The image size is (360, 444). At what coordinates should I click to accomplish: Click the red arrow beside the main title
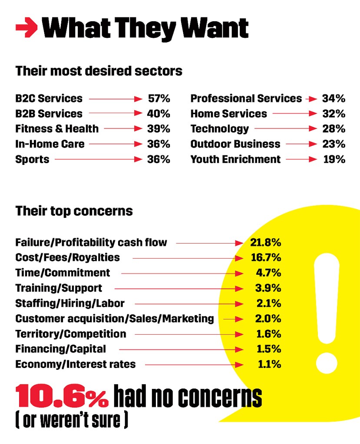(27, 29)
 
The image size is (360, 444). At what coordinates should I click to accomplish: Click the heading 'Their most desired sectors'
(99, 71)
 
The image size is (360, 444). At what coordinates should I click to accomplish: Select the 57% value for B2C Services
(159, 99)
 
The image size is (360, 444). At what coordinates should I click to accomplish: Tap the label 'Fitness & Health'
(57, 129)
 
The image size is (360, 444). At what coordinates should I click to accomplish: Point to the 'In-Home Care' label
(50, 144)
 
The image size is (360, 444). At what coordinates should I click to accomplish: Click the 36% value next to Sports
(159, 159)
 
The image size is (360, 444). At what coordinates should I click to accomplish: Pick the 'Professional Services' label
(246, 99)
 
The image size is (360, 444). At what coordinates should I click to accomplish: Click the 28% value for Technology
(334, 129)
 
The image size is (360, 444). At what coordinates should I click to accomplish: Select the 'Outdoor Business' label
(235, 144)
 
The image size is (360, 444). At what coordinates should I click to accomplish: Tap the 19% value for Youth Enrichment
(334, 159)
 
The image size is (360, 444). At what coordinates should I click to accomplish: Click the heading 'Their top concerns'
(74, 211)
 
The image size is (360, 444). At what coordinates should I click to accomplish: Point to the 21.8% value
(265, 242)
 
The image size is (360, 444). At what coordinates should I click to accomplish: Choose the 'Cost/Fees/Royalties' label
(67, 257)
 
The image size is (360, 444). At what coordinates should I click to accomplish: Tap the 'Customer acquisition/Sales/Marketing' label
(115, 319)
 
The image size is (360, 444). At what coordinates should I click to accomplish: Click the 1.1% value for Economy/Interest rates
(269, 365)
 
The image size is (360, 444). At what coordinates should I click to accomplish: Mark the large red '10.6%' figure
(62, 397)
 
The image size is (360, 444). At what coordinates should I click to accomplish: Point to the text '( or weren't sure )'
(72, 420)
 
